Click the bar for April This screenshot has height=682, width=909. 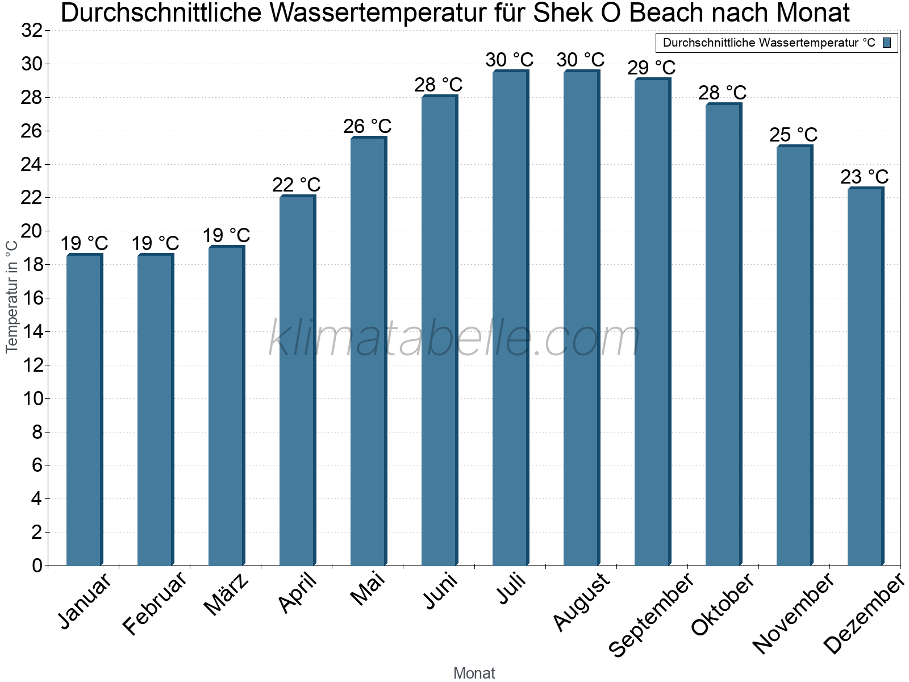coord(297,381)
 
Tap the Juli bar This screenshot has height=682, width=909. coord(510,318)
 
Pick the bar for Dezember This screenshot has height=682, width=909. coord(865,376)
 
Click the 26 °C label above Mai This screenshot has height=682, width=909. coord(368,126)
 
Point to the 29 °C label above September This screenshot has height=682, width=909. coord(652,68)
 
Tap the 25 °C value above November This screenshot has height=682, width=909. coord(794,135)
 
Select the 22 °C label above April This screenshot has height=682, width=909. coord(297,185)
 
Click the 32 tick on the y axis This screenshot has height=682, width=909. coord(32,31)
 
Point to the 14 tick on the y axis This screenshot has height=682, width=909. coord(32,332)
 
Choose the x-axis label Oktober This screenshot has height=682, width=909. coord(722,604)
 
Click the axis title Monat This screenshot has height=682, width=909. coord(474,673)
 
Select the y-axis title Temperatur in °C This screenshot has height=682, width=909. coord(12,296)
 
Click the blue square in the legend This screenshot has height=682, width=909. coord(887,43)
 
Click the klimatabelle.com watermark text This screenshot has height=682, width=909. coord(454,339)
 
